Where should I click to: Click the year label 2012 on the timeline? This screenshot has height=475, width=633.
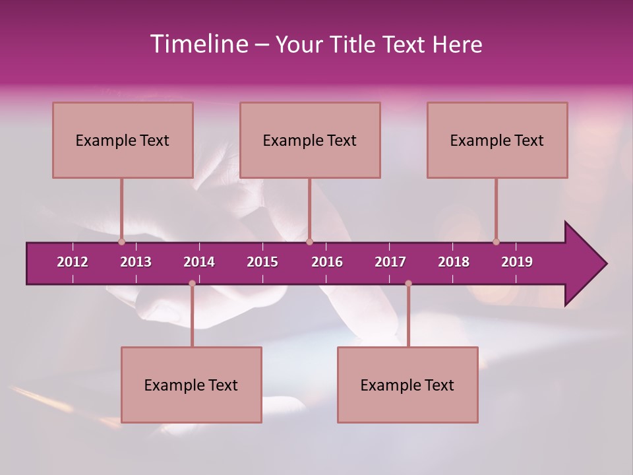pyautogui.click(x=73, y=262)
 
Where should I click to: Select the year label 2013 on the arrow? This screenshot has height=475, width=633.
pyautogui.click(x=136, y=262)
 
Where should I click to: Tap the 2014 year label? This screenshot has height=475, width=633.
pyautogui.click(x=199, y=262)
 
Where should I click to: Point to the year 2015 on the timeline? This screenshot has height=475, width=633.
pyautogui.click(x=262, y=262)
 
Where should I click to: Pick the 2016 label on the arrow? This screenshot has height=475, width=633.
pyautogui.click(x=327, y=262)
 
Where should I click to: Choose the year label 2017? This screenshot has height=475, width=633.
pyautogui.click(x=390, y=262)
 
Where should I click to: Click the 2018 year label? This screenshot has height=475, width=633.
pyautogui.click(x=454, y=262)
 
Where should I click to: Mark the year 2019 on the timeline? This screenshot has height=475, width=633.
pyautogui.click(x=517, y=262)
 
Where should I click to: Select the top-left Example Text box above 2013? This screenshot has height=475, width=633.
pyautogui.click(x=123, y=140)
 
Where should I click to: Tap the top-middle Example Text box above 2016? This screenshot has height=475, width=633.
pyautogui.click(x=310, y=140)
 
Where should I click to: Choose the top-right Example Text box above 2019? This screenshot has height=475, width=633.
pyautogui.click(x=497, y=140)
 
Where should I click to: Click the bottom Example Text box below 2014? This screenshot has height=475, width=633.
pyautogui.click(x=191, y=385)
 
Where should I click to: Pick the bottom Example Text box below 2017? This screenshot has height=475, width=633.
pyautogui.click(x=407, y=385)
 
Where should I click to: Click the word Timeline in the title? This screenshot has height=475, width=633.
pyautogui.click(x=197, y=44)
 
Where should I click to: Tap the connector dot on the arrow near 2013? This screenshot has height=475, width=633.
pyautogui.click(x=121, y=241)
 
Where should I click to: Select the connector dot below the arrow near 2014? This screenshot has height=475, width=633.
pyautogui.click(x=192, y=283)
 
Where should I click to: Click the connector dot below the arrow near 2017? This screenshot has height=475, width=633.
pyautogui.click(x=408, y=283)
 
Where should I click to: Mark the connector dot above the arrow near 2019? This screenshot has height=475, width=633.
pyautogui.click(x=496, y=241)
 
